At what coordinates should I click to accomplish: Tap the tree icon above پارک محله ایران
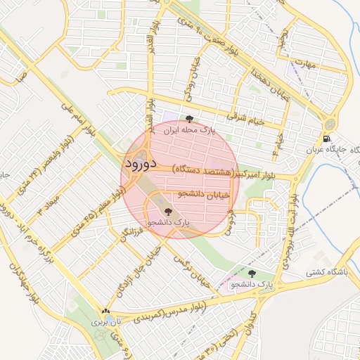coord(188,118)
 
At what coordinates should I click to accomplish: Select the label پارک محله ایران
coord(188,130)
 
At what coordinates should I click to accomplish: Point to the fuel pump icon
coord(328,138)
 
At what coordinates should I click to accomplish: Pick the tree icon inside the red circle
coord(167,210)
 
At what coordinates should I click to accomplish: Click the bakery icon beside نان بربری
coord(105,311)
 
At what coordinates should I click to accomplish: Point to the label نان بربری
coord(105,323)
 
